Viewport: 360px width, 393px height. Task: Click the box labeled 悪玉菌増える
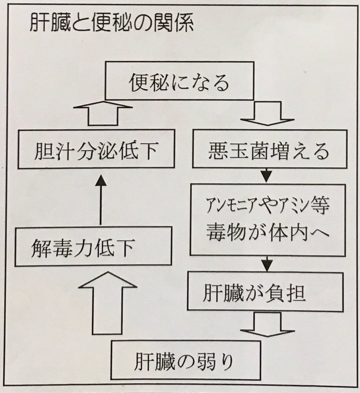268,152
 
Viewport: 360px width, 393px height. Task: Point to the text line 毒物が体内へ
268,232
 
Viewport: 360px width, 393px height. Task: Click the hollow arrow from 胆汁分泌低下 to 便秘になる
100,113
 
